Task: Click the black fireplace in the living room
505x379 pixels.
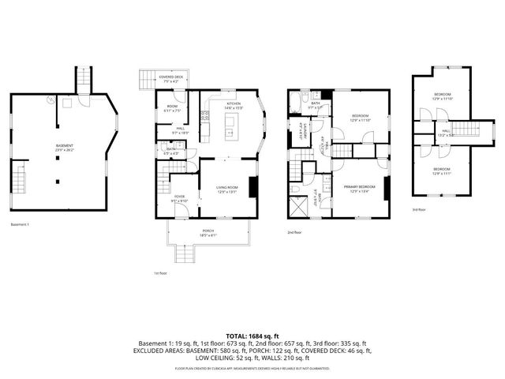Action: pyautogui.click(x=252, y=188)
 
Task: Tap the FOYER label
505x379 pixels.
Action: pyautogui.click(x=179, y=197)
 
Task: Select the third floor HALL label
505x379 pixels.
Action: pyautogui.click(x=446, y=132)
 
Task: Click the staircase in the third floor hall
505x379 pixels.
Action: pyautogui.click(x=470, y=131)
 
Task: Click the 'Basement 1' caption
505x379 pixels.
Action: pyautogui.click(x=20, y=224)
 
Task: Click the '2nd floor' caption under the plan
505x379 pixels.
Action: pyautogui.click(x=295, y=232)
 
